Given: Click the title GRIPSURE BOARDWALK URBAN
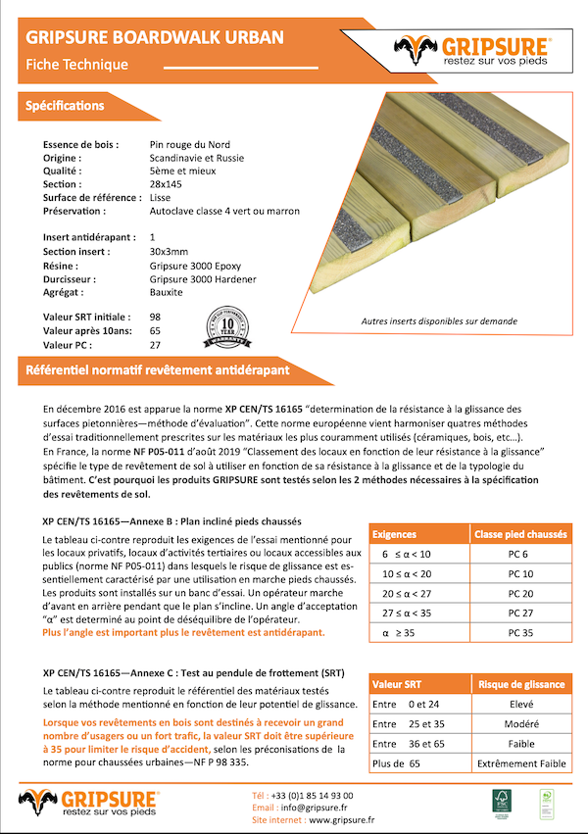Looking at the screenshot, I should point(155,38).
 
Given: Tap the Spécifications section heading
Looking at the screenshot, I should point(66,105).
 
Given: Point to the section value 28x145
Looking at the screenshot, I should point(167,184).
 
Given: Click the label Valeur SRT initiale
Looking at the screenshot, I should point(86,318).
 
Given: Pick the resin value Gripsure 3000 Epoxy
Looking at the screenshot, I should point(195,266).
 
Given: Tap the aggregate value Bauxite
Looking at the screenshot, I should point(166,292).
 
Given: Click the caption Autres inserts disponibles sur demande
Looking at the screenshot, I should point(439,320).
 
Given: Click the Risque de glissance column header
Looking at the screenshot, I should point(520,684).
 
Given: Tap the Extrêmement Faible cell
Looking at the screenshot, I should point(520,762).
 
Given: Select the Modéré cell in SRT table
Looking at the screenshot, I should point(520,724).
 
